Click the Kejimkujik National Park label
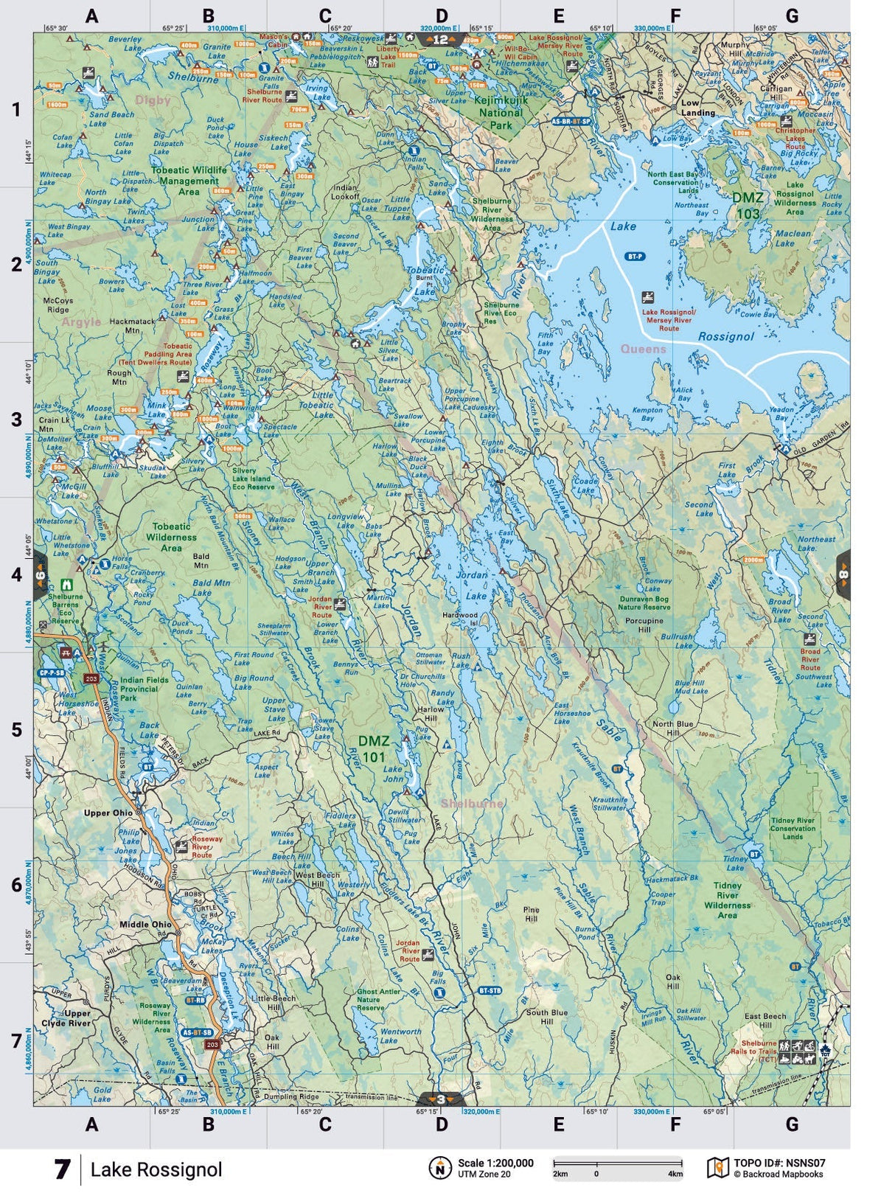(501, 113)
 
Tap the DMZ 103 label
(747, 206)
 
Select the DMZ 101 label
(373, 748)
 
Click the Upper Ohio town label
(108, 813)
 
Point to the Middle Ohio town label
(145, 924)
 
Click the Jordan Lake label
(473, 585)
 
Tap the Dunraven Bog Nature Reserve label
(644, 603)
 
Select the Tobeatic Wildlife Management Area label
(189, 181)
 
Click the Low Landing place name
(697, 108)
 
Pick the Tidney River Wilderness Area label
(727, 900)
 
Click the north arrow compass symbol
(439, 1168)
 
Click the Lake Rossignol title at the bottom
(156, 1169)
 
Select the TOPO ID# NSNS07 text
(779, 1163)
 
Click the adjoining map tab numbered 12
(440, 40)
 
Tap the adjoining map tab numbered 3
(440, 1099)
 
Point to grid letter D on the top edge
(441, 16)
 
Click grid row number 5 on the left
(16, 730)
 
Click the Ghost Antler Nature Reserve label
(378, 1000)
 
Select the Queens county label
(643, 349)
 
